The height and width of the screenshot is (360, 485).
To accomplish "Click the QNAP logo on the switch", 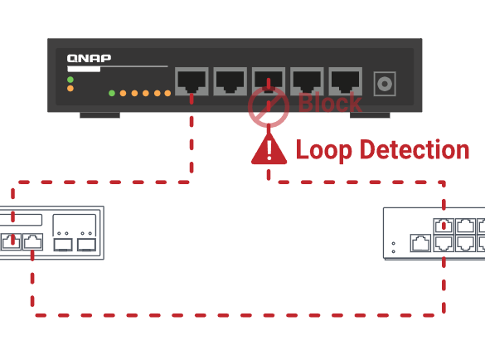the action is point(89,58).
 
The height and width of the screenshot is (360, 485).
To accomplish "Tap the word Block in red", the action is point(330,102).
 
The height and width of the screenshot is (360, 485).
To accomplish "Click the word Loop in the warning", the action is point(324,150).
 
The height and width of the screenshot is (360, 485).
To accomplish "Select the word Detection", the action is point(415,149).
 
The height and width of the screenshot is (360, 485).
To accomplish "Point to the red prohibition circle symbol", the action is point(269,106).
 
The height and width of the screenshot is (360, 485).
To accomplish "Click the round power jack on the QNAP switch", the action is point(385,84).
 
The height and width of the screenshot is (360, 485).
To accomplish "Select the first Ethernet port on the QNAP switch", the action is point(192,81).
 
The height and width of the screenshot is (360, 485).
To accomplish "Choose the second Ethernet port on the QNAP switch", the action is point(230,81).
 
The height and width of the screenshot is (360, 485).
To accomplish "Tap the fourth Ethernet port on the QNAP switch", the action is point(307,81).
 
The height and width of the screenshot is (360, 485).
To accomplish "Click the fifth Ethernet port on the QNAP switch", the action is point(345,81).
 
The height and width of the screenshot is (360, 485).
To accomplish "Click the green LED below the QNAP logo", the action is point(70,80).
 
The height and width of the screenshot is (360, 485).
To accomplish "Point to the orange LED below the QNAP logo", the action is point(70,89).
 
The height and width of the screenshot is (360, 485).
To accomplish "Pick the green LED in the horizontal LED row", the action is point(112,93).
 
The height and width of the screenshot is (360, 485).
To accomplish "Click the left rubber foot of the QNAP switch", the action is point(100,115).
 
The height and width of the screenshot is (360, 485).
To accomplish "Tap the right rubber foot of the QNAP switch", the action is point(370,115).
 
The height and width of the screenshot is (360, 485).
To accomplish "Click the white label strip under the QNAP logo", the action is point(84,69).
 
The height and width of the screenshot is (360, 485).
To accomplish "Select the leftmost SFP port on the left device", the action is point(63,245).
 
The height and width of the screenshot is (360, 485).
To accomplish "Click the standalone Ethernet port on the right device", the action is point(420,243).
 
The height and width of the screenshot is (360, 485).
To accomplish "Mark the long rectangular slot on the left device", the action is point(21,220).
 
